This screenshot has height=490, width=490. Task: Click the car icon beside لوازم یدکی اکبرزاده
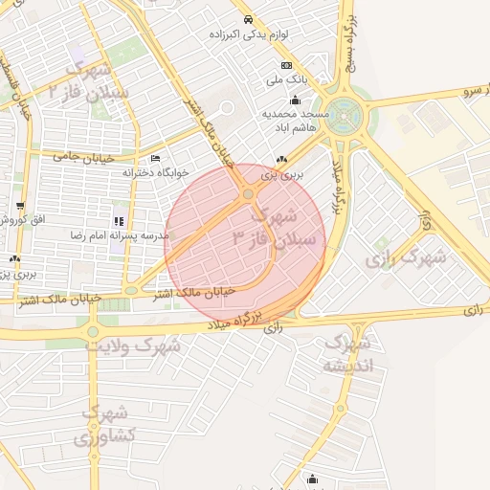247,19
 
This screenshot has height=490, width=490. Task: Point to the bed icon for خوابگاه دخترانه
156,159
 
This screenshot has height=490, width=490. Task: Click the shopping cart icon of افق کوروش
20,207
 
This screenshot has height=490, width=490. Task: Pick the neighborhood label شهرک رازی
407,256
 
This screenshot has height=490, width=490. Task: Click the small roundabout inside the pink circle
249,193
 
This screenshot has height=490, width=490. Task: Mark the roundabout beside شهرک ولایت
93,332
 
